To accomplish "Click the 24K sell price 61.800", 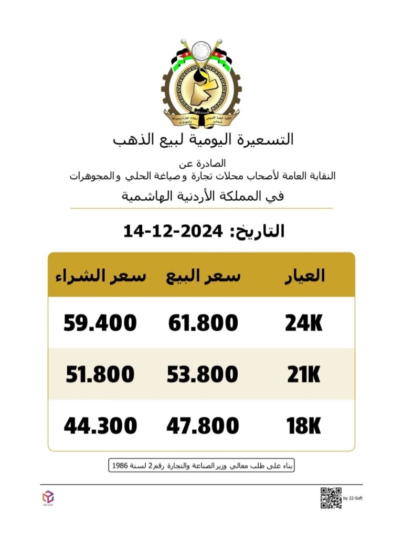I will point(203,323).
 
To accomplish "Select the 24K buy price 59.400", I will point(100,323).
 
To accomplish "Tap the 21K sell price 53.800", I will point(203,374).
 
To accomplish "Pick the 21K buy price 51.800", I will point(100,374).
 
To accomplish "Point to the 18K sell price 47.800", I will point(203,426).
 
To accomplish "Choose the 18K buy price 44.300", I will point(100,426).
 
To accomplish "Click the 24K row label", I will point(304,323).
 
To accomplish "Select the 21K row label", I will point(304,374).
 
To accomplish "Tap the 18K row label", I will point(304,426).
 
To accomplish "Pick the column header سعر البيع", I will point(204,276).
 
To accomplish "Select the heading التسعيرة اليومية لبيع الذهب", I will point(204,140).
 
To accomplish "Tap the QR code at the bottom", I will point(331,498).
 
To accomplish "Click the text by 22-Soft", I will point(353,498).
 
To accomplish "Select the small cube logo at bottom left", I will point(48,496).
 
